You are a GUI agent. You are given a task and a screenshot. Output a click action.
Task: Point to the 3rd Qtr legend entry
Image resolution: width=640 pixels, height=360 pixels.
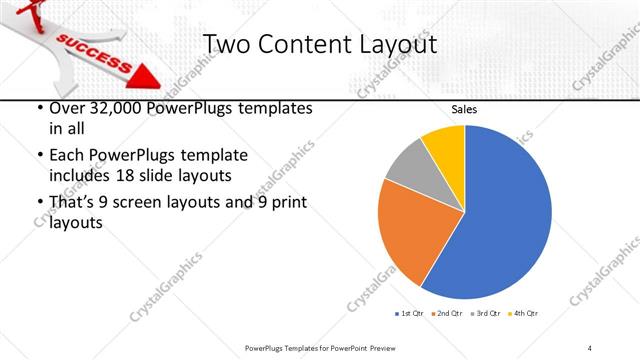[x=486, y=314]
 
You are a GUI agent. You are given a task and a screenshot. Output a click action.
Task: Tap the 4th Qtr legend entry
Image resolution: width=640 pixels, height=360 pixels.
[x=523, y=314]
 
